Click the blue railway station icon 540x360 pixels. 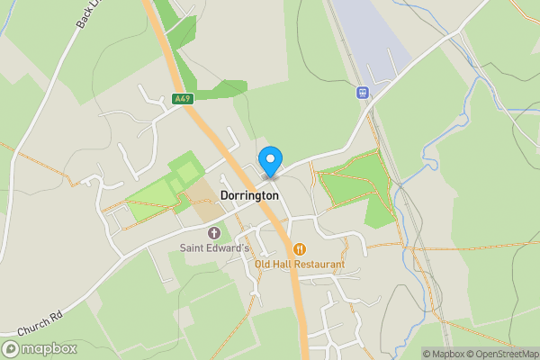[362, 92]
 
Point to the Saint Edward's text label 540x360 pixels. [212, 248]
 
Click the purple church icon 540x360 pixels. [213, 233]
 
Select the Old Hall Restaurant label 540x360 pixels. [300, 265]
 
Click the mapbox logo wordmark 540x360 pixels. [47, 348]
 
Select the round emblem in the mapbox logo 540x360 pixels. [12, 348]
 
